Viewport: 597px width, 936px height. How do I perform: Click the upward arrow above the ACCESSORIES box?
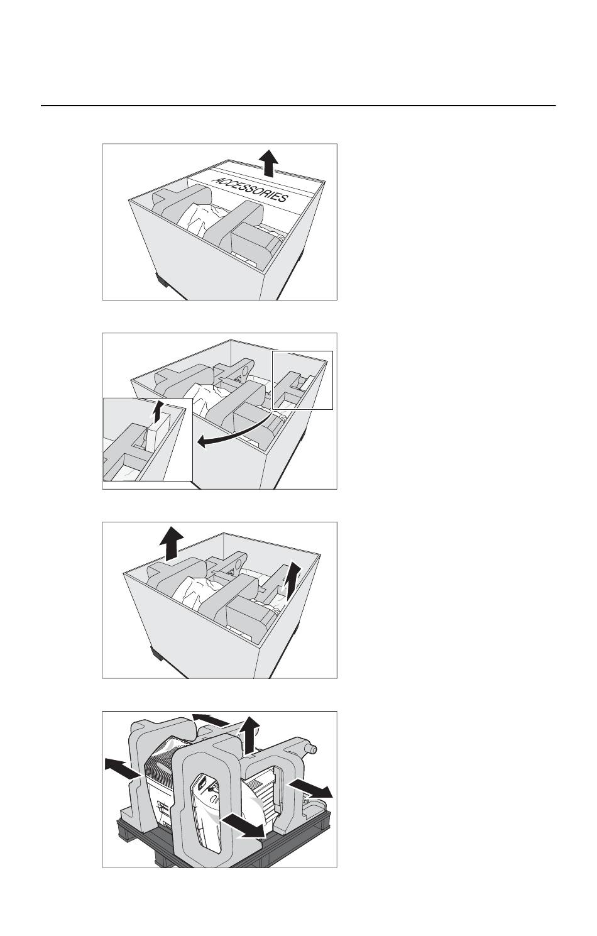[x=268, y=163]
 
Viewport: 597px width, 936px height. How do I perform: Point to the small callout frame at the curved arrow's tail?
[x=302, y=380]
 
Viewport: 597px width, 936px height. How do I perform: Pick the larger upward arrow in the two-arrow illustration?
[x=172, y=542]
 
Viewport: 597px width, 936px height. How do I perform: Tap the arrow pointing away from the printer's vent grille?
[x=123, y=769]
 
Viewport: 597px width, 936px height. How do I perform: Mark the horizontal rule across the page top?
[x=298, y=106]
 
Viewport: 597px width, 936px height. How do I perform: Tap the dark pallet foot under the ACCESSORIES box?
[x=162, y=280]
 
